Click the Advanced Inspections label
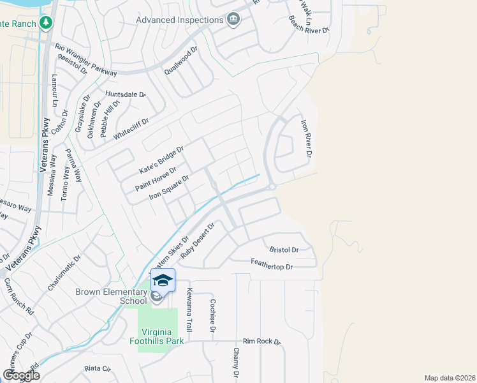[179, 20]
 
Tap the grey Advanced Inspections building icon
[232, 19]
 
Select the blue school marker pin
[163, 281]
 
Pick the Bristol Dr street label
[284, 250]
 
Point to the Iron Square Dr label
[169, 188]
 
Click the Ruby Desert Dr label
[199, 240]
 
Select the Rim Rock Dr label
[262, 342]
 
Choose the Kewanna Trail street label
[189, 310]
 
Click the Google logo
[21, 375]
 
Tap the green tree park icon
[45, 23]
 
